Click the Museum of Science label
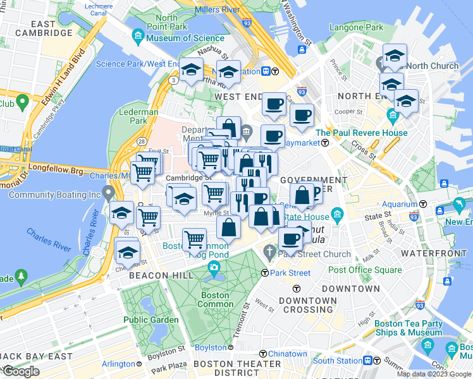click(176, 38)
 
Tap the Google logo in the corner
click(21, 371)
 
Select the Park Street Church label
click(314, 255)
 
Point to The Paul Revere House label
click(362, 133)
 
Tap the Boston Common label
click(215, 299)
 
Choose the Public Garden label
click(150, 320)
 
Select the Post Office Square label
click(365, 270)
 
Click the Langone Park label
click(356, 28)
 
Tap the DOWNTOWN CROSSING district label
click(308, 305)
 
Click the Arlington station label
click(118, 364)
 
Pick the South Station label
click(336, 361)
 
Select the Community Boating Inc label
click(54, 195)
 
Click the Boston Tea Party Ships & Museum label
click(408, 328)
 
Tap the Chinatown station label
click(287, 354)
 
